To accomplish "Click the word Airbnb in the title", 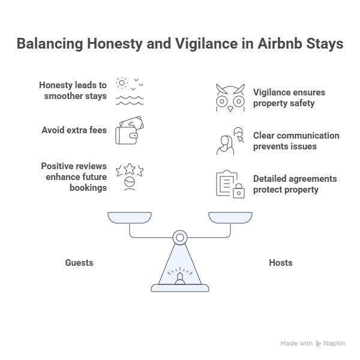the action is pos(280,43).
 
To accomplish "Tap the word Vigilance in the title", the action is pos(206,44).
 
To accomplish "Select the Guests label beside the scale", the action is pos(79,263).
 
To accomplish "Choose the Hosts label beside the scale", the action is pos(281,263).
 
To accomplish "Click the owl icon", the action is pos(230,98).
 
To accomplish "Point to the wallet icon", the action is pos(130,130).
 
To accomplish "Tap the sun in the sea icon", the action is pos(122,83).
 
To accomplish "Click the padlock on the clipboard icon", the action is pos(239,191).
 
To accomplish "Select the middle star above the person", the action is pos(130,169).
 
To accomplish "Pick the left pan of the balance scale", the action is pos(130,217).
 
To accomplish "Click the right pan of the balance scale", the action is pos(230,217).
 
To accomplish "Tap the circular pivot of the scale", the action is pos(180,238).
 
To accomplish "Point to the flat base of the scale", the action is pos(180,288).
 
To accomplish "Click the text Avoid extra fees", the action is pos(74,130).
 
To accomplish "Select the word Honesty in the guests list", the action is pos(56,85).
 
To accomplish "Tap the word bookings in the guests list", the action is pos(88,188).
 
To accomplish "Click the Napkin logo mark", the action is pos(318,343).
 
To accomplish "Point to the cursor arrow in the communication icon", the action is pos(241,139).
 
